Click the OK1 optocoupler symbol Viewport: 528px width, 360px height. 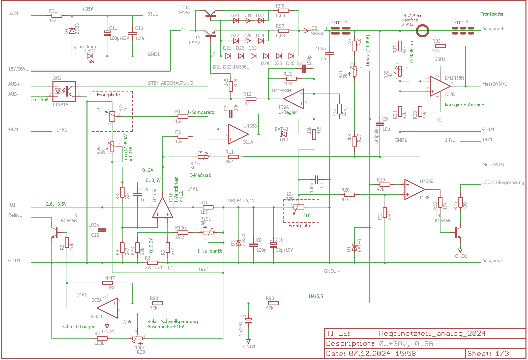[64, 91]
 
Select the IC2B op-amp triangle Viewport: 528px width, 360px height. [440, 86]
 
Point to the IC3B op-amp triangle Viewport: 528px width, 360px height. [415, 190]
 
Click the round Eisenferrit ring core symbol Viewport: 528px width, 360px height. [422, 31]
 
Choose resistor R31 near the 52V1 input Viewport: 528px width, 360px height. [57, 16]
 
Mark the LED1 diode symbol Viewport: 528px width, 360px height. [90, 56]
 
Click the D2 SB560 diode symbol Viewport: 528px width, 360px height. [306, 31]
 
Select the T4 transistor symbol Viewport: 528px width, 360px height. [457, 232]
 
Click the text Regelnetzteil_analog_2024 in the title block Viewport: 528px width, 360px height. [432, 334]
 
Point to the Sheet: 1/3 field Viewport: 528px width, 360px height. [488, 353]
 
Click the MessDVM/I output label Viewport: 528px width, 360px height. [494, 165]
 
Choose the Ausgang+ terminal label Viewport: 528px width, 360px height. [493, 29]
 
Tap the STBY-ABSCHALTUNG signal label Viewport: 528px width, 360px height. [170, 83]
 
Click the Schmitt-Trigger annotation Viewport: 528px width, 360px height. [78, 326]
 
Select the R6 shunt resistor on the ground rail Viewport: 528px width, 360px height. [153, 263]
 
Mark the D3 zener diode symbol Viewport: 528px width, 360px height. [238, 243]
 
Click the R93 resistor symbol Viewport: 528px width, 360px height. [274, 303]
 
